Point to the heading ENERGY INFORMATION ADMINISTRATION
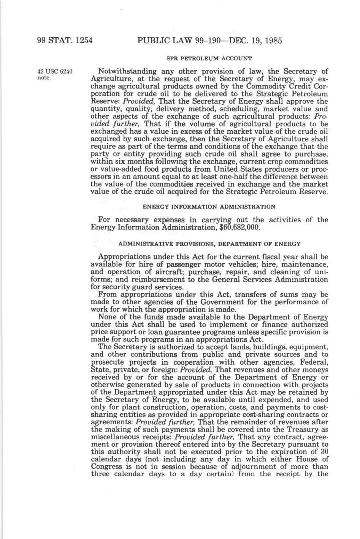click(x=209, y=207)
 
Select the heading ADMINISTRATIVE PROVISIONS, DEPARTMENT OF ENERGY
click(x=209, y=243)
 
